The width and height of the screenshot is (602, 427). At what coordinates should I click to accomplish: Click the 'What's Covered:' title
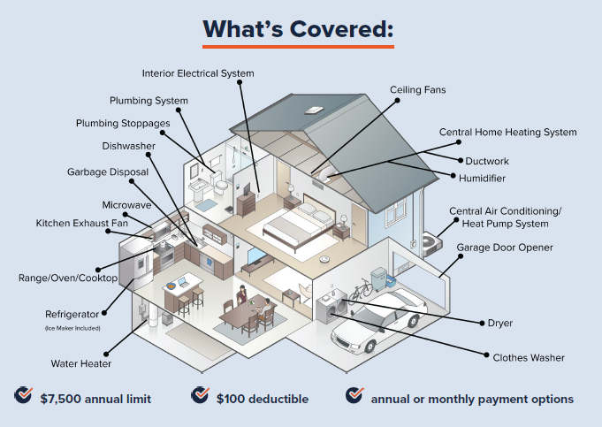point(298,28)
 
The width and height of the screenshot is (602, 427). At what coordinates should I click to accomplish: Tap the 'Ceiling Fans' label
point(418,90)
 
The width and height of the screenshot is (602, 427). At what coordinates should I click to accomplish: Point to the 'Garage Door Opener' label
point(505,248)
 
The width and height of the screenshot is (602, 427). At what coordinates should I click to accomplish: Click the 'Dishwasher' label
point(128,145)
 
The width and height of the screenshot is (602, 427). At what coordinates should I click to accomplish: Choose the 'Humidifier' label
point(482,179)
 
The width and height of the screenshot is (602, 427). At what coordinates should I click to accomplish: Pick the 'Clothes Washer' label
point(529,357)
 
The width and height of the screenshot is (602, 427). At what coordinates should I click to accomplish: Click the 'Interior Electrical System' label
point(198,73)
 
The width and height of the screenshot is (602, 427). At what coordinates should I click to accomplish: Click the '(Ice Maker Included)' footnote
point(72,328)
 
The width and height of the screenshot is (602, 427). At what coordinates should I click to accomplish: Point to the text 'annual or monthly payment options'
point(472,399)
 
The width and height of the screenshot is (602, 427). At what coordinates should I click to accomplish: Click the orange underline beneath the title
point(298,46)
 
